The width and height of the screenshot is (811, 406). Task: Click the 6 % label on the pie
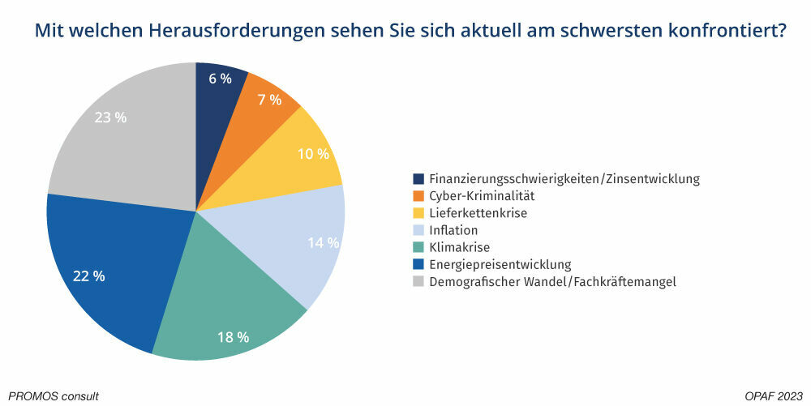(220, 79)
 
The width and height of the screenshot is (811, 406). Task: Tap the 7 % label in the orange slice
(269, 100)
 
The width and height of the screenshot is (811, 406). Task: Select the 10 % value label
(312, 154)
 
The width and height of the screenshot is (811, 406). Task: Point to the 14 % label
(324, 242)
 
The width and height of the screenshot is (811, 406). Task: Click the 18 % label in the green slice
(234, 336)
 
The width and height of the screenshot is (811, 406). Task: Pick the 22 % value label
(88, 276)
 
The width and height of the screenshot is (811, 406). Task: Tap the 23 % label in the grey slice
(110, 118)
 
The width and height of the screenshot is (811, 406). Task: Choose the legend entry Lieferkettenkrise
(478, 213)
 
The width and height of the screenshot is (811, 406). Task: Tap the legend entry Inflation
(453, 230)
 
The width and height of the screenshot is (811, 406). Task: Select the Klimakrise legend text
(459, 247)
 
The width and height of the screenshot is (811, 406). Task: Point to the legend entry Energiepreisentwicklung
(500, 264)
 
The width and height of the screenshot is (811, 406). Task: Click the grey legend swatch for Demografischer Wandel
(418, 282)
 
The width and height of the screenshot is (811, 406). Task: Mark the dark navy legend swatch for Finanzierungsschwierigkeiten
(418, 178)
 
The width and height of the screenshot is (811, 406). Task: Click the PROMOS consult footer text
(54, 396)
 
